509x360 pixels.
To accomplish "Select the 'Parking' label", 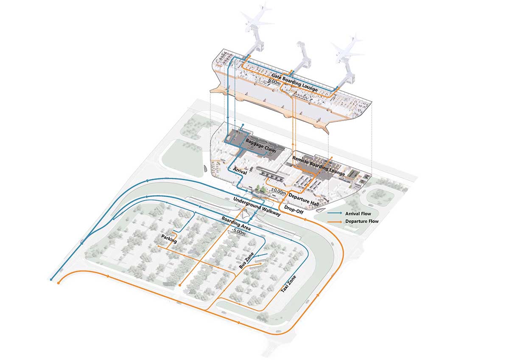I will (x=169, y=239).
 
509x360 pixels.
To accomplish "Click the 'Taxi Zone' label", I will (x=289, y=284).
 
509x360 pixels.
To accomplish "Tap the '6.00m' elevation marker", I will (x=272, y=84).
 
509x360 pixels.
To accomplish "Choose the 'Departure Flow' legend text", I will (x=362, y=221).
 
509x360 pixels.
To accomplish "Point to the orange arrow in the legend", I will (x=335, y=221).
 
